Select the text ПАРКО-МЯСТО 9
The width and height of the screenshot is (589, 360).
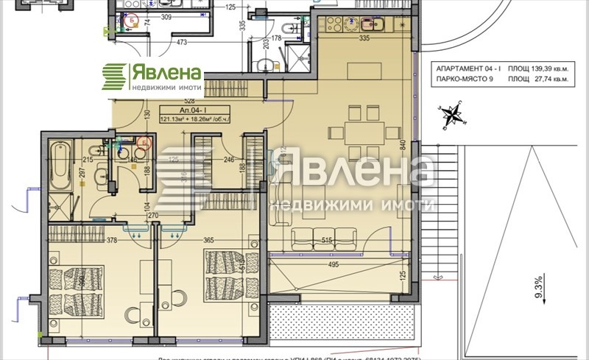(x=465, y=78)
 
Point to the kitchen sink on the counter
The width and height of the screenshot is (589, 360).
(x=368, y=24)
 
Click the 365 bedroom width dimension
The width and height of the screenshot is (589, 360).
(x=208, y=240)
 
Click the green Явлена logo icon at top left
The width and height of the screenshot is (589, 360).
(x=114, y=77)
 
